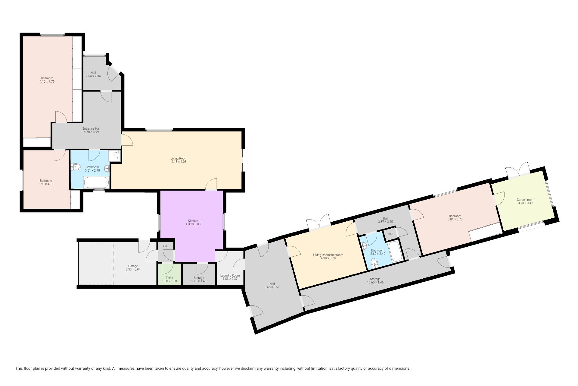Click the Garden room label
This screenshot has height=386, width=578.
pyautogui.click(x=525, y=200)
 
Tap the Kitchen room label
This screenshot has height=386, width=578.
pyautogui.click(x=193, y=221)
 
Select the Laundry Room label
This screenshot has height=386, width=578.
pyautogui.click(x=230, y=275)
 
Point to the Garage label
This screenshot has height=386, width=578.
pyautogui.click(x=133, y=266)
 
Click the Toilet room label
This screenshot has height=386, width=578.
pyautogui.click(x=169, y=278)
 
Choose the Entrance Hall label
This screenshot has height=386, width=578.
pyautogui.click(x=91, y=128)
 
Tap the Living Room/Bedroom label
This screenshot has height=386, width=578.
pyautogui.click(x=328, y=255)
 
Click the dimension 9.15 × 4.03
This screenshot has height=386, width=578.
pyautogui.click(x=179, y=162)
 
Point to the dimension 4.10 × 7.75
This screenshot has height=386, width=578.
pyautogui.click(x=47, y=81)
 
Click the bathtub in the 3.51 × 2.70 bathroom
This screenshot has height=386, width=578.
pyautogui.click(x=96, y=182)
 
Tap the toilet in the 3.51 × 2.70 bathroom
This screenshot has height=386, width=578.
pyautogui.click(x=76, y=167)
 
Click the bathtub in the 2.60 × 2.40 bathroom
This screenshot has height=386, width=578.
pyautogui.click(x=395, y=251)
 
